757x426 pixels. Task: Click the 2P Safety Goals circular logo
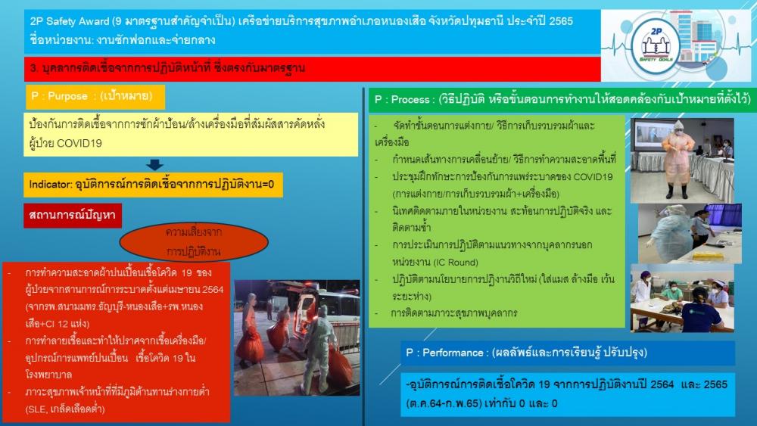click(x=656, y=45)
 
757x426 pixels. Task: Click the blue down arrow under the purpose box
click(x=154, y=165)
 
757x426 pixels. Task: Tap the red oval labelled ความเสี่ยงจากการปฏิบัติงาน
click(x=194, y=241)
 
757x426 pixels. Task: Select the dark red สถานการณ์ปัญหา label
click(x=73, y=215)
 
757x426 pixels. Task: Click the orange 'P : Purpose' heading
click(x=95, y=97)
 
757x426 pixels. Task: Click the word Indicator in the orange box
click(x=51, y=185)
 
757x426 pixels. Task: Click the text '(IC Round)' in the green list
click(x=456, y=263)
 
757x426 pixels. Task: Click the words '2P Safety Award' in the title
click(x=70, y=21)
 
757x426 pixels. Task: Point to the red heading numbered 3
click(x=313, y=69)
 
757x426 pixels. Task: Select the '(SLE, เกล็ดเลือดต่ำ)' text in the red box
click(x=65, y=409)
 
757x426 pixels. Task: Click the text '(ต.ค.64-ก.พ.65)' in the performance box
click(x=444, y=403)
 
